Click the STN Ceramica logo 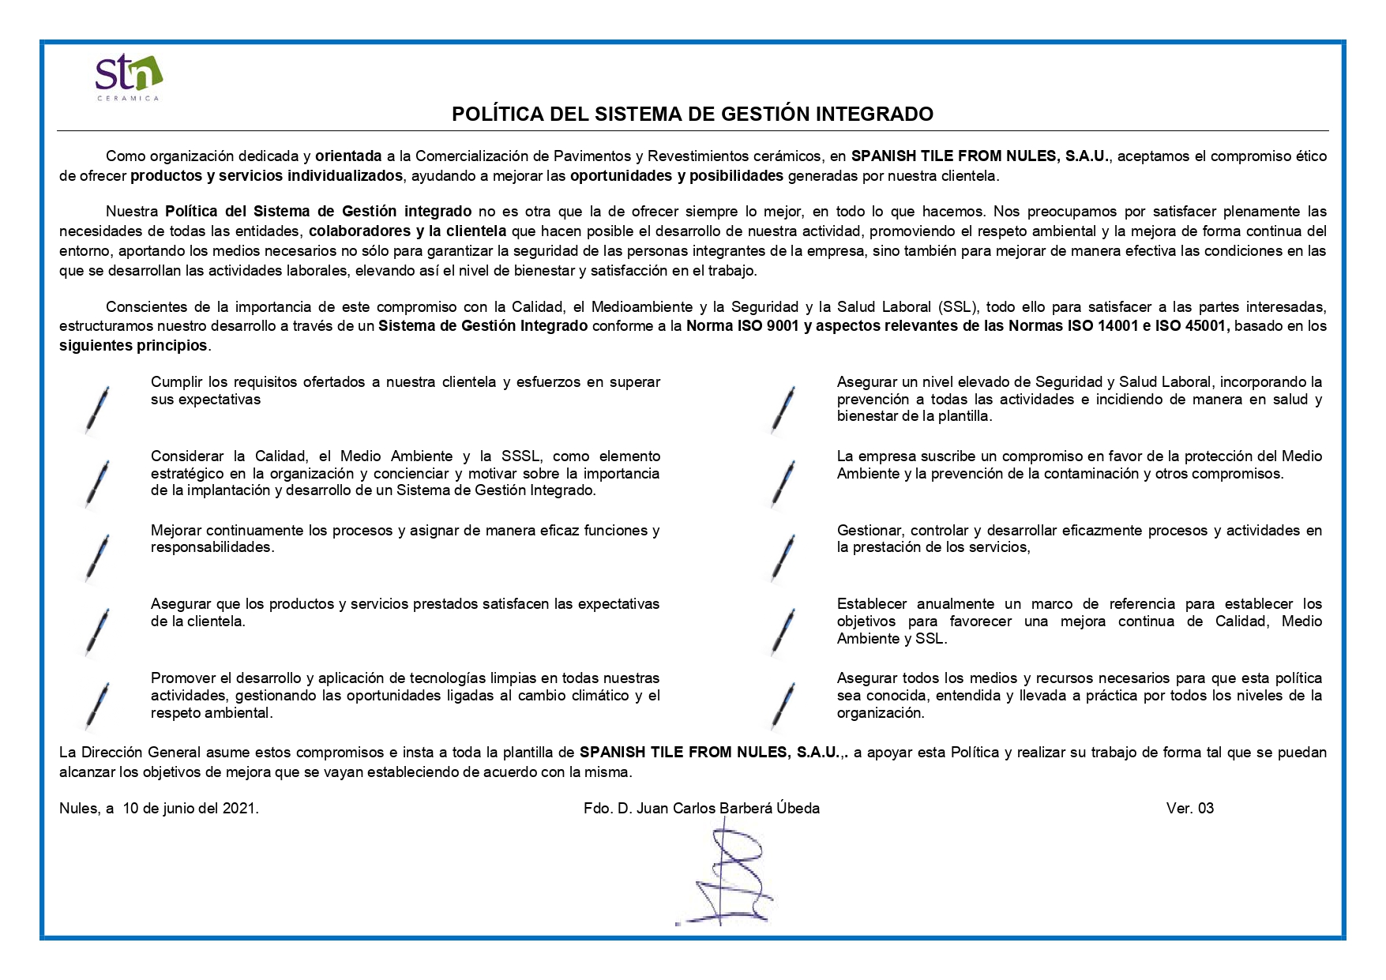pyautogui.click(x=128, y=77)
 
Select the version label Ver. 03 pyautogui.click(x=1189, y=809)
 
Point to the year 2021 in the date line pyautogui.click(x=239, y=809)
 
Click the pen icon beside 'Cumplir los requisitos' pyautogui.click(x=98, y=408)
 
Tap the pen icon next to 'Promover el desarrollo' pyautogui.click(x=98, y=704)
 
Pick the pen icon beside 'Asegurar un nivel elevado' pyautogui.click(x=784, y=408)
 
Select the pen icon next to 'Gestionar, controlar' pyautogui.click(x=784, y=557)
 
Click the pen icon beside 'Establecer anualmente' pyautogui.click(x=784, y=630)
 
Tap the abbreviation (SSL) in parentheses pyautogui.click(x=957, y=307)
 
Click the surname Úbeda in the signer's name pyautogui.click(x=798, y=809)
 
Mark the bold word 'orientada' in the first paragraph pyautogui.click(x=348, y=156)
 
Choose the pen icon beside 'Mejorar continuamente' pyautogui.click(x=98, y=557)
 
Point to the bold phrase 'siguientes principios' pyautogui.click(x=133, y=346)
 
